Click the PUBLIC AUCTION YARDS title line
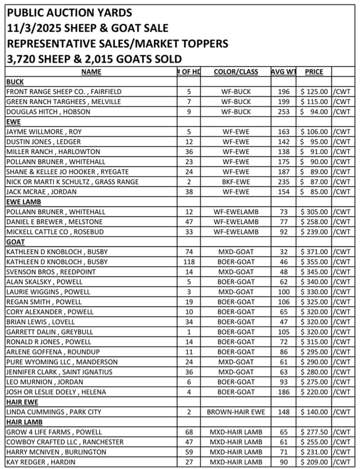tap(69, 13)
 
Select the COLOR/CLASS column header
tap(236, 72)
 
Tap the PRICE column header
tap(314, 72)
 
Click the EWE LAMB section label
tap(24, 202)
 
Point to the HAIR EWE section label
tap(22, 402)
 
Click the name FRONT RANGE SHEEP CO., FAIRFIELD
tap(64, 92)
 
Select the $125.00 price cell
tap(314, 92)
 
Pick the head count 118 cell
tap(189, 262)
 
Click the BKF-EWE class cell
tap(236, 182)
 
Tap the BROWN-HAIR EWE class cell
tap(236, 412)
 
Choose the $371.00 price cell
tap(314, 252)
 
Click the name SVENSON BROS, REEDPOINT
tap(51, 272)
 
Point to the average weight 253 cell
tap(283, 112)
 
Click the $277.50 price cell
tap(314, 432)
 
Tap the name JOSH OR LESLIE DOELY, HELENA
tap(56, 392)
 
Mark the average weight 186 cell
tap(283, 392)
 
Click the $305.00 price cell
tap(314, 212)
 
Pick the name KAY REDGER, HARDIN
tap(41, 462)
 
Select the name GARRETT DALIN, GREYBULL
tap(50, 332)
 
